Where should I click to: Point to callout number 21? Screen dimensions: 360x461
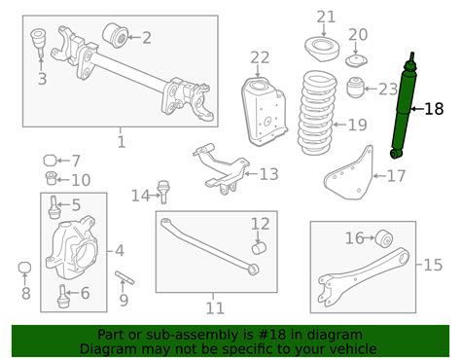[x=325, y=16]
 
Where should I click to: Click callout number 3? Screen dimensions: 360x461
[x=42, y=79]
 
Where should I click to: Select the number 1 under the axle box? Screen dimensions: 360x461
[x=121, y=142]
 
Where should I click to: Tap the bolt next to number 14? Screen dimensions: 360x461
[x=162, y=195]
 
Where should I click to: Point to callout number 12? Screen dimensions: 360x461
[x=259, y=225]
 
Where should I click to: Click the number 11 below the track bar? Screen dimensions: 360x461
[x=214, y=308]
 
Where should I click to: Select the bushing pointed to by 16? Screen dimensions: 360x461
[x=385, y=239]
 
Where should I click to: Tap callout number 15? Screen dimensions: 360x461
[x=433, y=263]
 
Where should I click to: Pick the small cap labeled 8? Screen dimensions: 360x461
[x=26, y=268]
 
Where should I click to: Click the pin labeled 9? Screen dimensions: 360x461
[x=124, y=279]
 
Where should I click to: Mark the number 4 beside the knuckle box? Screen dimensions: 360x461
[x=120, y=250]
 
